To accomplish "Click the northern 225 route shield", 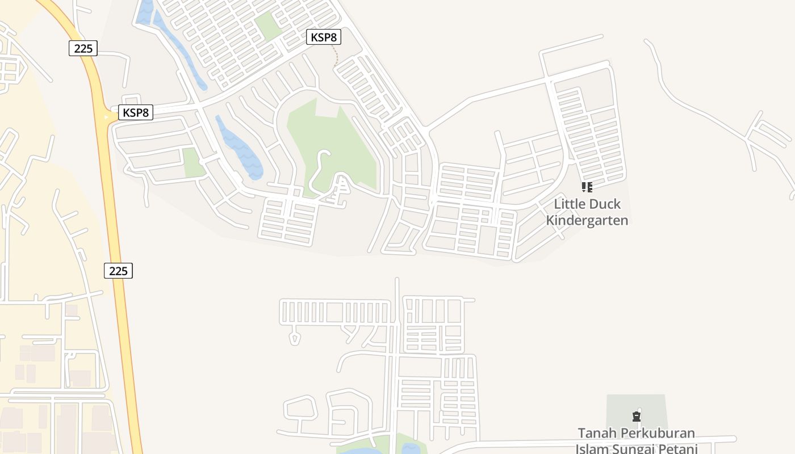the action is click(83, 48).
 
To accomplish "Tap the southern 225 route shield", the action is click(118, 271).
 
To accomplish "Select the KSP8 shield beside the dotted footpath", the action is click(324, 37).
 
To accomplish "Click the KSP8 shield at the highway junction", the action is click(136, 112).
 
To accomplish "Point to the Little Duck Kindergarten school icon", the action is click(587, 187).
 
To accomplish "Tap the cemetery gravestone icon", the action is click(637, 417).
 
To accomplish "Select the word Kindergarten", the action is click(587, 220).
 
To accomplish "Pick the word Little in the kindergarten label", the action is click(568, 204).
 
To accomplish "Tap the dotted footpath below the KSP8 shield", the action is click(335, 56).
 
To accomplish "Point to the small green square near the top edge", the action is click(267, 25).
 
